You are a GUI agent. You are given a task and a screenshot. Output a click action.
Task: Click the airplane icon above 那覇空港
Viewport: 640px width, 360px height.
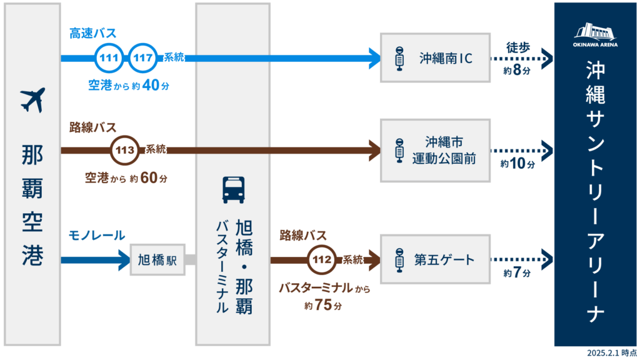coord(32,100)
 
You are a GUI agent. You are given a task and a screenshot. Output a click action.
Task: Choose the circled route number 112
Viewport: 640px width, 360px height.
coord(322,259)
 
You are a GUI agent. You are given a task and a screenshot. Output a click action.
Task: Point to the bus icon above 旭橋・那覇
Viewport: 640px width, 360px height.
coord(233,190)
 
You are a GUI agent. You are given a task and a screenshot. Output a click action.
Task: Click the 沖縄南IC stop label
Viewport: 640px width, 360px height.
coord(445,59)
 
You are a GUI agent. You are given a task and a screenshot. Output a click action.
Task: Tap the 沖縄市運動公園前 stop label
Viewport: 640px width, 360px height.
coord(445,151)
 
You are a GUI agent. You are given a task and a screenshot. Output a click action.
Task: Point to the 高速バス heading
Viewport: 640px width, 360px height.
coord(92,33)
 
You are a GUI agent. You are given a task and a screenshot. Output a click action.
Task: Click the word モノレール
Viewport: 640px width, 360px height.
coord(97,236)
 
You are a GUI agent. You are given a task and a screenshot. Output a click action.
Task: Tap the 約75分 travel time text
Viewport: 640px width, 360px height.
coord(323,306)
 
